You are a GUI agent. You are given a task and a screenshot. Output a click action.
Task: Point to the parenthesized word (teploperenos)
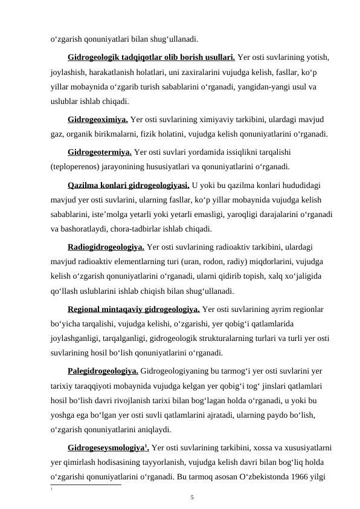[x=79, y=167]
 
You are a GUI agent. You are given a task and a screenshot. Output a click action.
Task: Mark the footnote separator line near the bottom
[x=85, y=467]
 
